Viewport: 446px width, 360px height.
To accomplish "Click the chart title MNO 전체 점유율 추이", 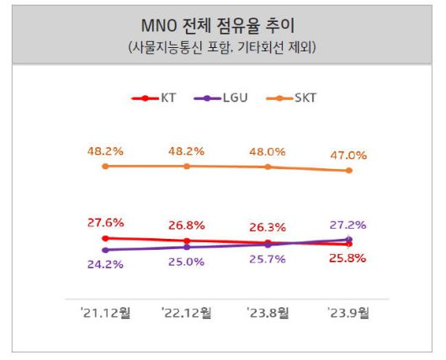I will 222,24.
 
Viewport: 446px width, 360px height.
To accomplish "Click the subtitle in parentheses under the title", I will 222,47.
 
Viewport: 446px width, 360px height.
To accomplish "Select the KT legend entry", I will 162,98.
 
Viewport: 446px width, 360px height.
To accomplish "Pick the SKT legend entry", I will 287,98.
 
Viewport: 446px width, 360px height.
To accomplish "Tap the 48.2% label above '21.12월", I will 105,151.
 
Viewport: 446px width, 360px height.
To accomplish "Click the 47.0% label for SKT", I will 348,156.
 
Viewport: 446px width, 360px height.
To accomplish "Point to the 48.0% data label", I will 268,152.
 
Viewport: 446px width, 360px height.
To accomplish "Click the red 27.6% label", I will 105,223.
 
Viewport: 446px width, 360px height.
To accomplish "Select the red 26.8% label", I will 186,225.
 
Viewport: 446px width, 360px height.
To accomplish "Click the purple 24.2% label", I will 105,264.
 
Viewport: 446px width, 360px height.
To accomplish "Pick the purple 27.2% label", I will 348,225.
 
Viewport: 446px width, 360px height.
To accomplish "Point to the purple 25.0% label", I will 186,262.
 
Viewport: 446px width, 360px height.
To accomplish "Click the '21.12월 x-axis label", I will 105,313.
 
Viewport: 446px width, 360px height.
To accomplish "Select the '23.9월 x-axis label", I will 348,313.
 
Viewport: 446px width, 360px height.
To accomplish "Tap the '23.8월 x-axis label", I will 268,313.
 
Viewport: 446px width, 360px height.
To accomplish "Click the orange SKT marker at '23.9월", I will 348,171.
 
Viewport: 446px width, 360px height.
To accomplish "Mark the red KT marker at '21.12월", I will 105,238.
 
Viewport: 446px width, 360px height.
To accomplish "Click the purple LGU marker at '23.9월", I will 348,240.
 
